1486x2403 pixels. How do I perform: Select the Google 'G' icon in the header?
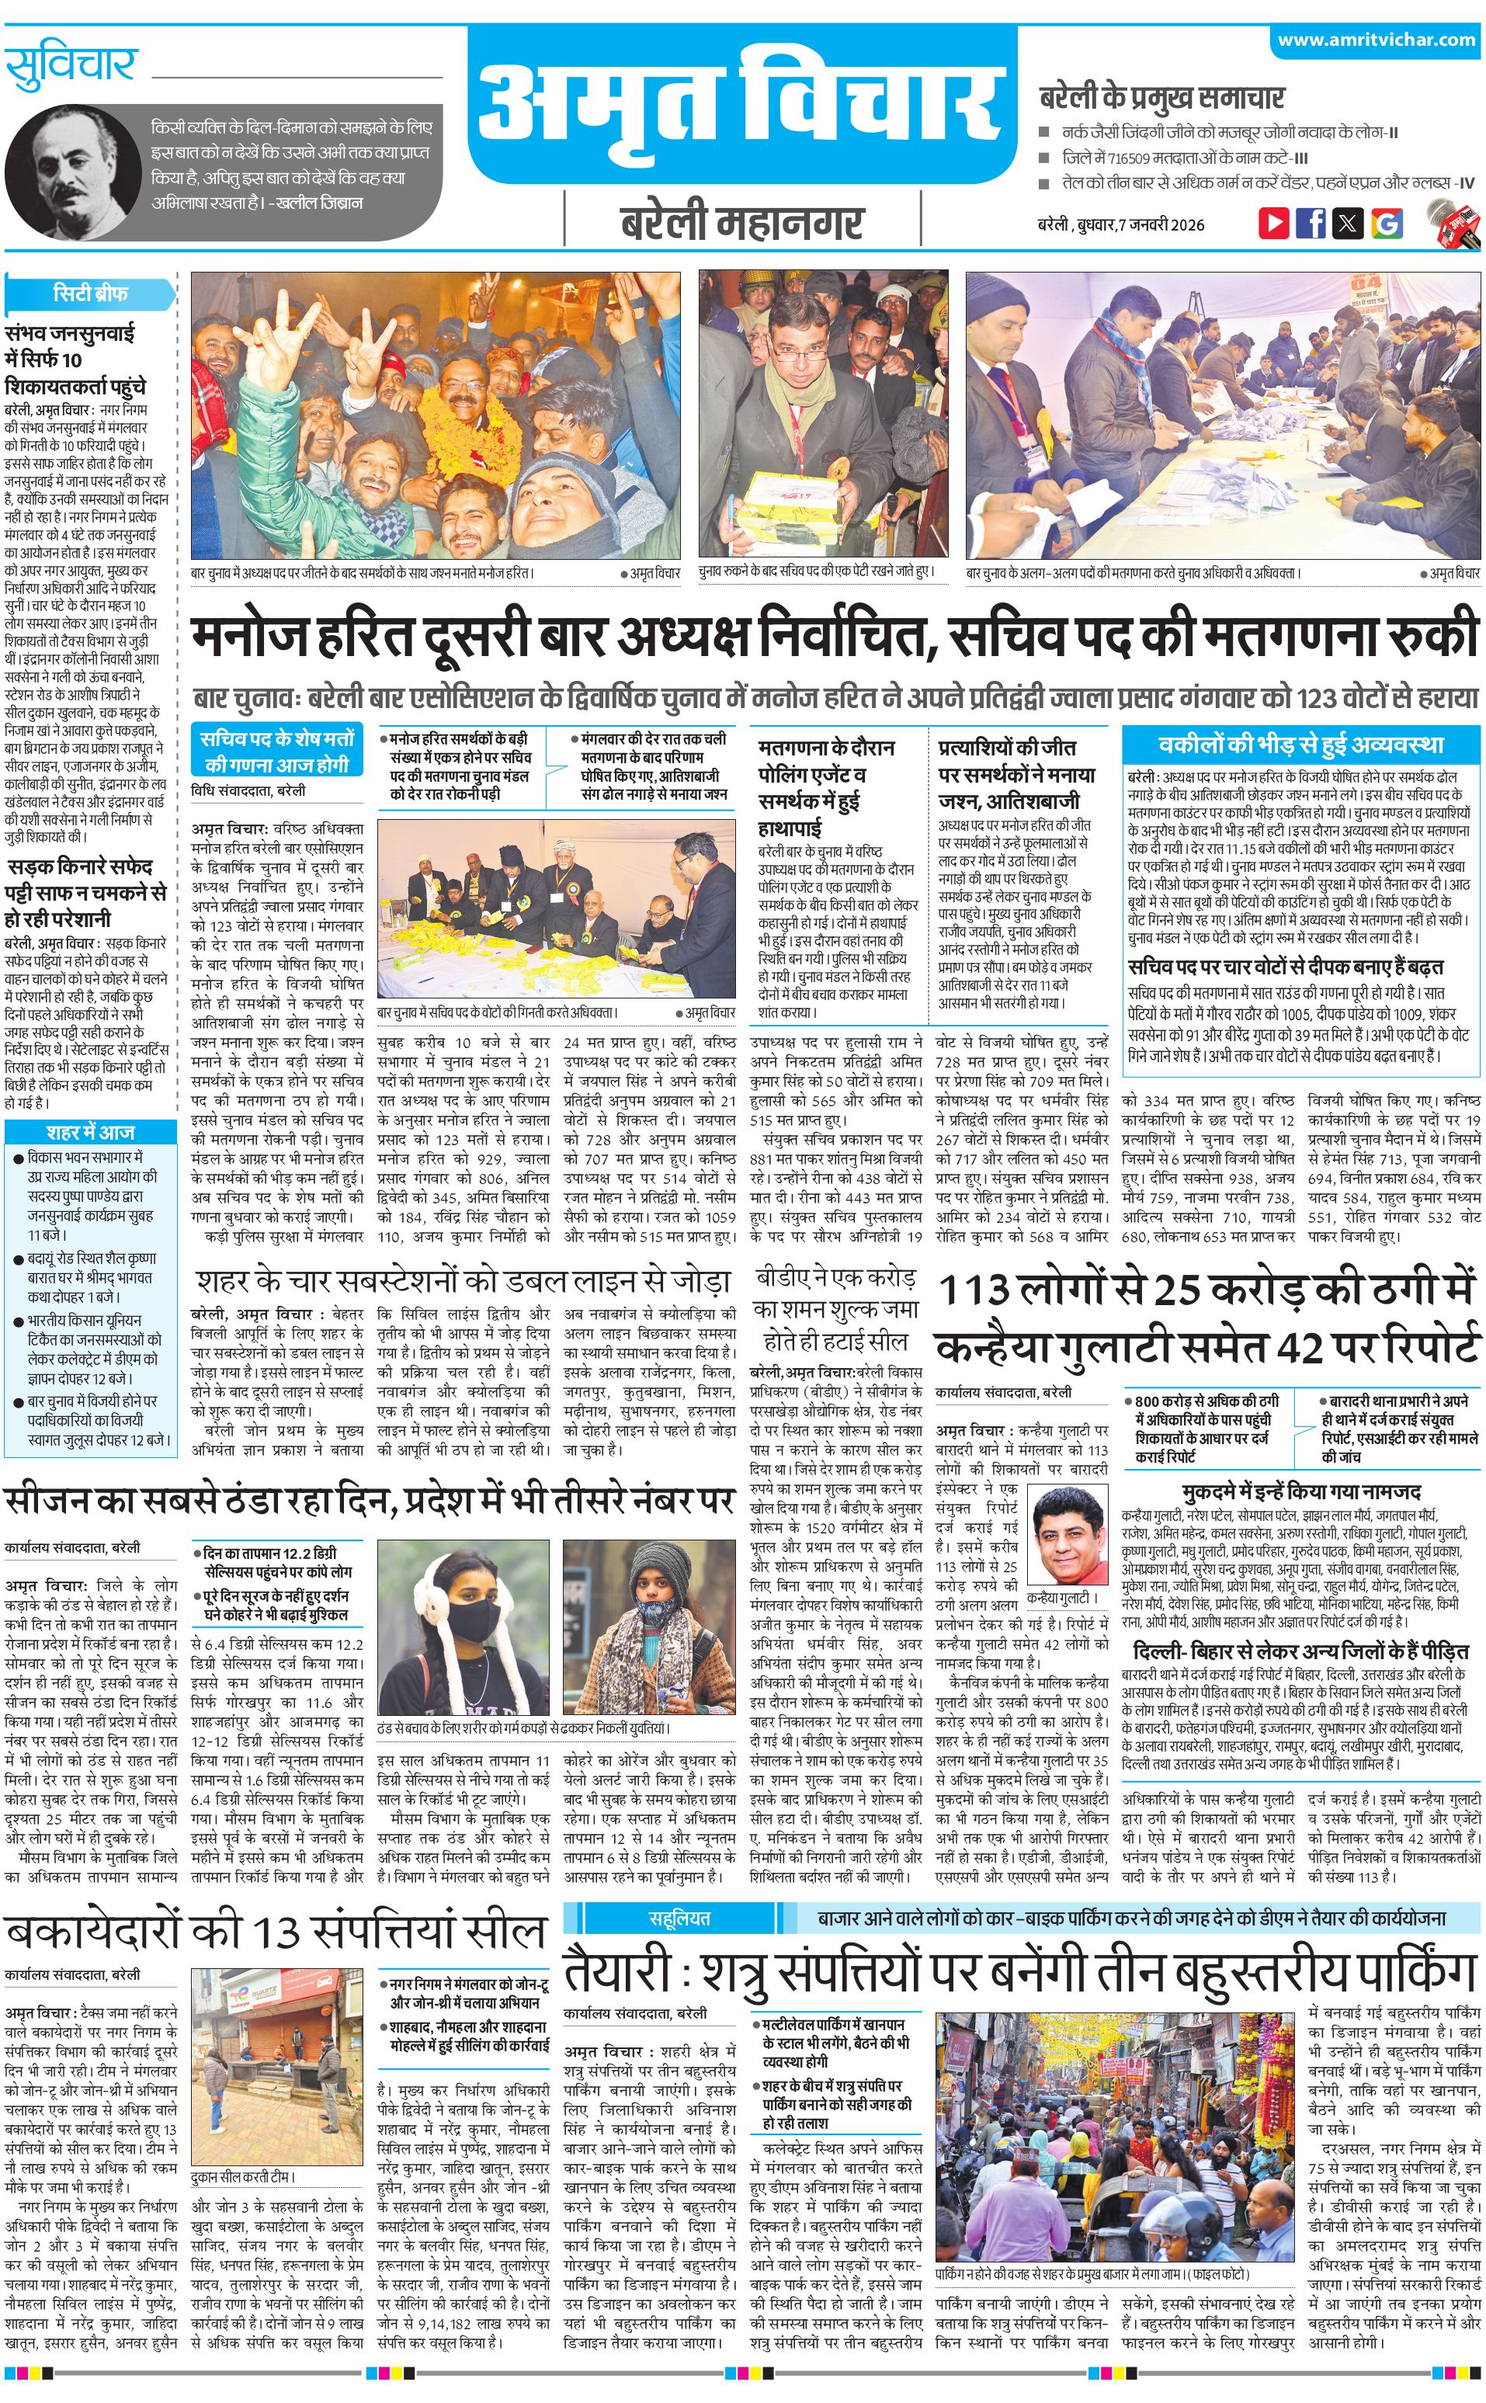pos(1386,223)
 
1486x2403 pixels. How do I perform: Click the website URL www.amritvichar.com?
pos(1376,40)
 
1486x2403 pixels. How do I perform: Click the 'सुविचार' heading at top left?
pos(70,65)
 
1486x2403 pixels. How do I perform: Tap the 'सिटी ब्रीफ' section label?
pos(89,293)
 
